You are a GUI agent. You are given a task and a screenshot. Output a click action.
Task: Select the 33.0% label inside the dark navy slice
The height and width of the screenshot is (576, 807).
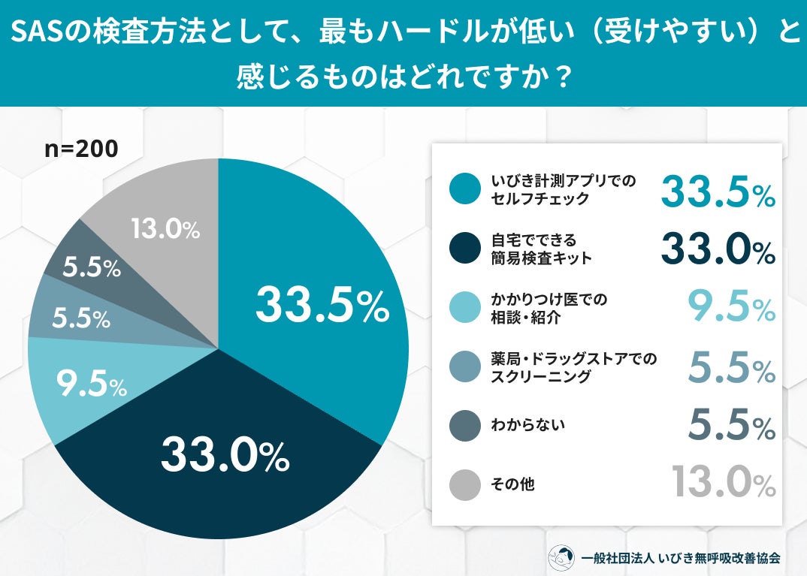[225, 454]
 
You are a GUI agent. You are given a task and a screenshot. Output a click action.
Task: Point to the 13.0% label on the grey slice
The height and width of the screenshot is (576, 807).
[165, 229]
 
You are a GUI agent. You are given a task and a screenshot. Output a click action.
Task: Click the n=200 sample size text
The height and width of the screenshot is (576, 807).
[81, 149]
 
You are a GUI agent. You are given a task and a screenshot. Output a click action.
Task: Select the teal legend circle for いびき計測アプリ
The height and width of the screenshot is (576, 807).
[465, 188]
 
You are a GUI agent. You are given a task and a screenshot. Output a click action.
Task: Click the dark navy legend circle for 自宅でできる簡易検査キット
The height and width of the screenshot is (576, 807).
[465, 248]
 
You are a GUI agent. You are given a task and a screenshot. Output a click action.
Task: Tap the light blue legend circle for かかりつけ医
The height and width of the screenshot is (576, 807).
[465, 307]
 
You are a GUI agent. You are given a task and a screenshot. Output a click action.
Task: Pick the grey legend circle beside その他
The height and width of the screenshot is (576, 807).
[465, 484]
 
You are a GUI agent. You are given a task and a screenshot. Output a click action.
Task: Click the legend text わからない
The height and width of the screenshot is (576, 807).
[527, 425]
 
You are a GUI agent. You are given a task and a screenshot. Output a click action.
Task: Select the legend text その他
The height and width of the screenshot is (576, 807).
[512, 484]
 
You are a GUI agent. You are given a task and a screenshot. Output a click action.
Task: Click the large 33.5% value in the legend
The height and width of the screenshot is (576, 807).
[718, 190]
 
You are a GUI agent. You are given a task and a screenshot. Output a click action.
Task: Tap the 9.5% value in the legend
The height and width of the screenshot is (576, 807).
[731, 306]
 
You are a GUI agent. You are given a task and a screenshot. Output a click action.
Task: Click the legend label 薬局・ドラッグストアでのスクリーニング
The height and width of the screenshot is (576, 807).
[574, 367]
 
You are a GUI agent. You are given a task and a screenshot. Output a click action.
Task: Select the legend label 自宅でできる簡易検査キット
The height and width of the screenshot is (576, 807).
[541, 249]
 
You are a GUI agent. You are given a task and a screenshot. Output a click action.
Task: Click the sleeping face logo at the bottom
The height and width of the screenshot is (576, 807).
[561, 557]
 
